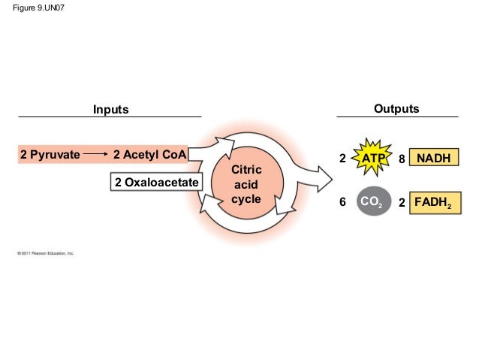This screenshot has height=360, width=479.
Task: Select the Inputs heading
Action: point(110,110)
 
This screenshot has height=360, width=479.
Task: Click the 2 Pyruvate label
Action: point(50,156)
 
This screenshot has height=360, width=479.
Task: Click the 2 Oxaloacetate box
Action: point(156,183)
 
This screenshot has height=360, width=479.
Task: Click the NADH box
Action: point(435,159)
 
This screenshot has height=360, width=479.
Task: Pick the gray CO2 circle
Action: point(373,202)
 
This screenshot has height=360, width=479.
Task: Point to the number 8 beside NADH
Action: point(402,159)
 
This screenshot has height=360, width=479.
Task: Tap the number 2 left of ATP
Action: point(343,159)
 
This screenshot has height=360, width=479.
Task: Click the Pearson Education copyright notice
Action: point(45,254)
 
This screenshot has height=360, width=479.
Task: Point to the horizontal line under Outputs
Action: point(397,118)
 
